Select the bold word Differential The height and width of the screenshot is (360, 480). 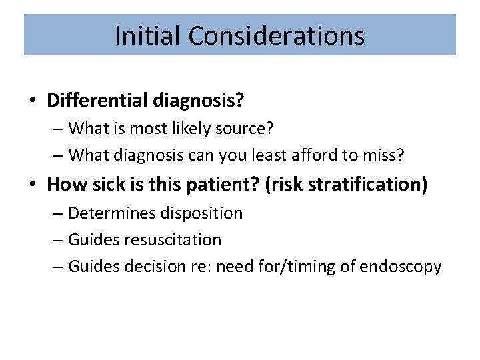[x=98, y=101]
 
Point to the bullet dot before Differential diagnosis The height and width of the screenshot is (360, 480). [x=33, y=101]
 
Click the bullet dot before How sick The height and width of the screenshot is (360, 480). [x=33, y=184]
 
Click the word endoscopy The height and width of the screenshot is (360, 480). [x=400, y=267]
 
